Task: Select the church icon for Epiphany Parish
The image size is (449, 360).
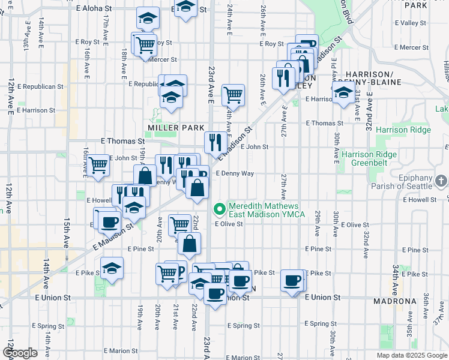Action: [441, 181]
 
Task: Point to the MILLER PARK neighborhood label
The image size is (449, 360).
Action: [172, 128]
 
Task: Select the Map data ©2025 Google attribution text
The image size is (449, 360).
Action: [412, 355]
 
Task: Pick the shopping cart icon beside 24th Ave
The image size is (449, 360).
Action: [233, 94]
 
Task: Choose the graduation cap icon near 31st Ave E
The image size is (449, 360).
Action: [343, 94]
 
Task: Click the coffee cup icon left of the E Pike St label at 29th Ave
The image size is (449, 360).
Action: [293, 280]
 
